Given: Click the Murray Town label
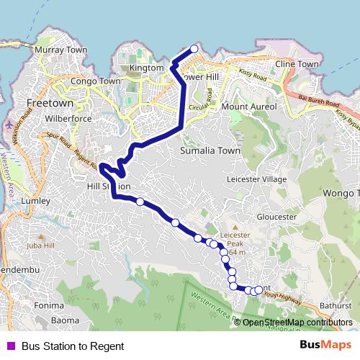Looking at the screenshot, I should pyautogui.click(x=60, y=50).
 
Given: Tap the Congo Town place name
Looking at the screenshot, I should pyautogui.click(x=94, y=81).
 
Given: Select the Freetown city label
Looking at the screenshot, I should pyautogui.click(x=46, y=102).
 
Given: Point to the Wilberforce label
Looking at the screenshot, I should pyautogui.click(x=66, y=117).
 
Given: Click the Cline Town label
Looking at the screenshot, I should pyautogui.click(x=296, y=64).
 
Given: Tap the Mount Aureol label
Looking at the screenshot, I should pyautogui.click(x=248, y=107).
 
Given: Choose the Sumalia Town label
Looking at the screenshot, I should pyautogui.click(x=210, y=151).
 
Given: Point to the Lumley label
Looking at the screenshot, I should pyautogui.click(x=35, y=200).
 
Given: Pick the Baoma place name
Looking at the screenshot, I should pyautogui.click(x=65, y=320).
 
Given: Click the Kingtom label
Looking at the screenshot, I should pyautogui.click(x=147, y=68).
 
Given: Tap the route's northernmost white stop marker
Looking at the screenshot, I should pyautogui.click(x=194, y=49).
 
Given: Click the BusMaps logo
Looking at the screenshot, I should pyautogui.click(x=325, y=345).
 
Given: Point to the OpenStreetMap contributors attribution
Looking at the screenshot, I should pyautogui.click(x=297, y=323).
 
